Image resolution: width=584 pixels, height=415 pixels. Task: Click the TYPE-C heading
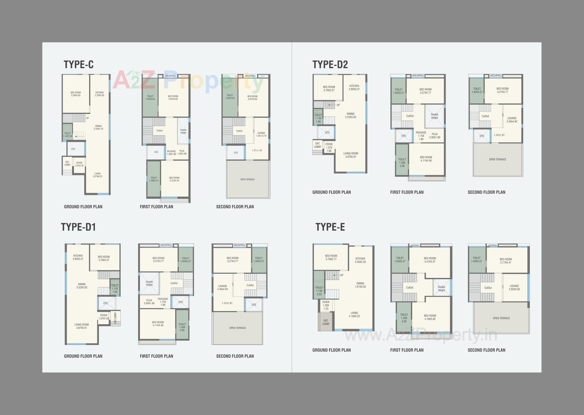click(x=78, y=65)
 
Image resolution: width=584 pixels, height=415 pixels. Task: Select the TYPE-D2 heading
click(x=330, y=65)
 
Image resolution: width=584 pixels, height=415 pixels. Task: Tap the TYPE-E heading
click(x=330, y=227)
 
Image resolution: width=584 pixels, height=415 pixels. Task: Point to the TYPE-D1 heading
click(x=78, y=227)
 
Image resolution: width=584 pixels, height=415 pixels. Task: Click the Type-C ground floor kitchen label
click(x=99, y=94)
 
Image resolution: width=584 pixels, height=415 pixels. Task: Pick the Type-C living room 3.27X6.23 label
click(x=97, y=175)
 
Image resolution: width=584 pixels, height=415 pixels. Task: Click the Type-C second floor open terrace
click(x=248, y=180)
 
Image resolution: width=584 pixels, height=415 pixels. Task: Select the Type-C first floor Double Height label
click(x=183, y=131)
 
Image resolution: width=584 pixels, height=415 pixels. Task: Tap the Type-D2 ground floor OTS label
click(x=327, y=133)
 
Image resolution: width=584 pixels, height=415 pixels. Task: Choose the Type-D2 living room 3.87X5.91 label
click(x=351, y=155)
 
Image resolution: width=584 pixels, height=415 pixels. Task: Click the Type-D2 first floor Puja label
click(x=435, y=136)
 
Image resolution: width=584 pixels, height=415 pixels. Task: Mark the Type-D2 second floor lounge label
click(x=512, y=120)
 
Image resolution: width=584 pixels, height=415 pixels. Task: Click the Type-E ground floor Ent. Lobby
click(x=326, y=322)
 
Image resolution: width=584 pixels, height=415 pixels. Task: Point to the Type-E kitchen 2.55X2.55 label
click(x=360, y=260)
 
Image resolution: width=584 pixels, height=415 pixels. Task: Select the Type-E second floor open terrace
click(x=501, y=318)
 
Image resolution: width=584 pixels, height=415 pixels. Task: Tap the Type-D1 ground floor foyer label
click(x=104, y=317)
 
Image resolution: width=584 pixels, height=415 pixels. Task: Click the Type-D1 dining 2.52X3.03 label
click(x=82, y=286)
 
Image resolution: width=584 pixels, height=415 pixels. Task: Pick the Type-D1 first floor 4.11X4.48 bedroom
click(x=158, y=324)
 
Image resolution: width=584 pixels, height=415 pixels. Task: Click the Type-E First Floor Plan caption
click(x=407, y=350)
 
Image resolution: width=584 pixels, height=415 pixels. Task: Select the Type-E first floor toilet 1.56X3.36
click(x=404, y=318)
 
